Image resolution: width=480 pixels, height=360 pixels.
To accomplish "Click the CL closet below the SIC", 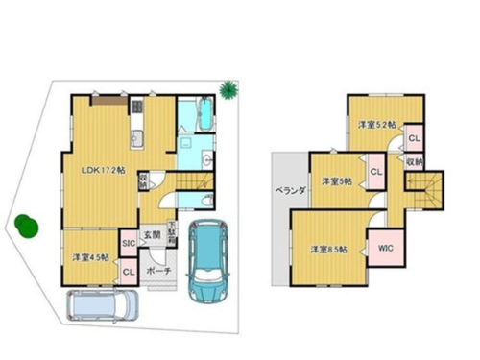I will click(x=129, y=272).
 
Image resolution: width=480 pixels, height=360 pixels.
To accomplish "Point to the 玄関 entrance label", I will click(x=154, y=234).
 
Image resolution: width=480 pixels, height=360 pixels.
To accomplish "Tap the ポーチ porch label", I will click(x=159, y=272).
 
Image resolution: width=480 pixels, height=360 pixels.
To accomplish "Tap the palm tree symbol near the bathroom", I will click(x=228, y=91).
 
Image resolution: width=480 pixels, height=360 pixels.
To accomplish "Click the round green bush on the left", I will click(x=25, y=225).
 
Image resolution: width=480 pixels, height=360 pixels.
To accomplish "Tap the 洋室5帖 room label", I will click(x=336, y=180).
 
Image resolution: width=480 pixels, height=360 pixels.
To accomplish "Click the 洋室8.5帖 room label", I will click(x=327, y=250).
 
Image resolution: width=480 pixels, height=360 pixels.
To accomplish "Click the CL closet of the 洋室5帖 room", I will click(x=376, y=172).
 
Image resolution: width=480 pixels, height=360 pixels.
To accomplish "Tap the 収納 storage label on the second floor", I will click(x=414, y=162).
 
